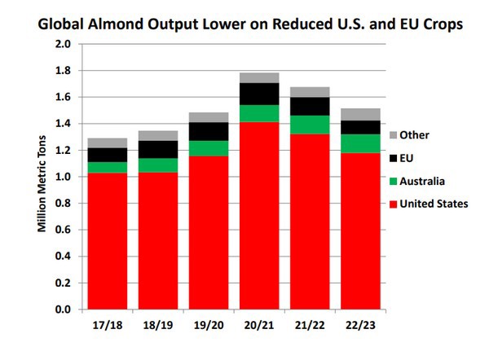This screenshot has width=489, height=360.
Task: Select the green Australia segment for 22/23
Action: [360, 143]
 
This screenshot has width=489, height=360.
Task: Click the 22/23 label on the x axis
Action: [360, 325]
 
